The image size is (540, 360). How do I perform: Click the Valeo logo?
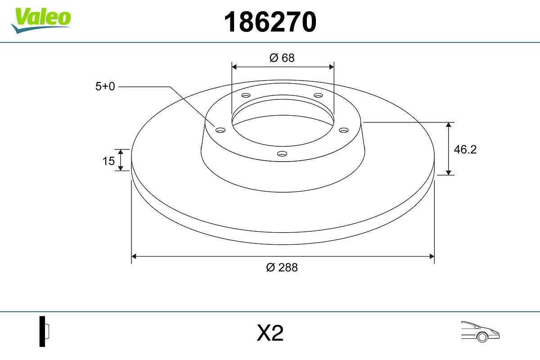pos(41,18)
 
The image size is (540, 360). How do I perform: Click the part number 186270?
pos(270,22)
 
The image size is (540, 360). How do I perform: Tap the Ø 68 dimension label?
pos(282,58)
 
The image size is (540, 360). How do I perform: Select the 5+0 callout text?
pos(105,86)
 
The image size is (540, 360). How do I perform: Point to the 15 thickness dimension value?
pos(108,161)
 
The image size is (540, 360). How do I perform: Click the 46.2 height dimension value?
pos(465,149)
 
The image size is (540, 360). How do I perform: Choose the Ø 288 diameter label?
pos(282,267)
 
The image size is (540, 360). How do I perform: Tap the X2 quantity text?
pos(270,333)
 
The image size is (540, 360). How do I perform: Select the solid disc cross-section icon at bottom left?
pos(44,331)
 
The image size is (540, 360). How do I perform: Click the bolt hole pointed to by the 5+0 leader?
pos(220,130)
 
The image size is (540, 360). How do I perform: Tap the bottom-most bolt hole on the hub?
pos(282,154)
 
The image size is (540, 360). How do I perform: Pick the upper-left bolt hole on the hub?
pos(246,95)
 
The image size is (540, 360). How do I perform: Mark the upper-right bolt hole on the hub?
pos(319,95)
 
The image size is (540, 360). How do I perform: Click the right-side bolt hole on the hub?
pos(344,130)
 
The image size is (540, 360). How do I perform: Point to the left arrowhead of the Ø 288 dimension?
pos(134,256)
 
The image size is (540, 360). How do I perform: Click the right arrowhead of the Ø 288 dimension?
pos(432,256)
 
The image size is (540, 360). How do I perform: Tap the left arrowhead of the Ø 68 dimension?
pos(234,67)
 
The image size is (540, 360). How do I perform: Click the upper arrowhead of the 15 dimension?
pos(121,152)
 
